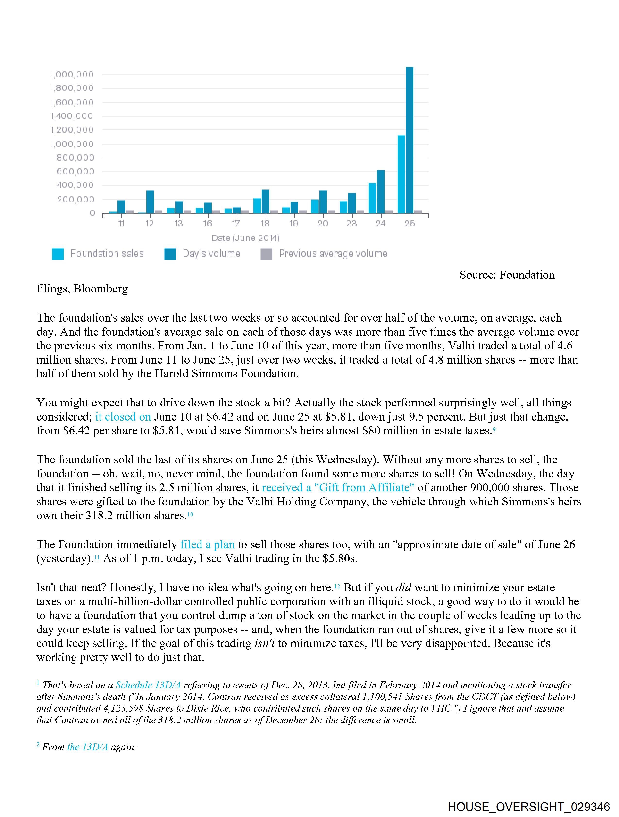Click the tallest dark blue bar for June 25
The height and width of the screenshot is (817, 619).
[409, 140]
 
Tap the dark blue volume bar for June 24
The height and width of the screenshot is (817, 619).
[380, 192]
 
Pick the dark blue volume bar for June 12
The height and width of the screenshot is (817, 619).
[150, 202]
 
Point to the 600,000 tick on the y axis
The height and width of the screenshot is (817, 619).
[75, 171]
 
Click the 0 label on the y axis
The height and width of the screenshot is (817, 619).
[92, 213]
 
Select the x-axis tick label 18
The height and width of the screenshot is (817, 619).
[265, 223]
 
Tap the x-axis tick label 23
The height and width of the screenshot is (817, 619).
[351, 223]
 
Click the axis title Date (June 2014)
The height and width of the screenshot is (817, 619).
[245, 238]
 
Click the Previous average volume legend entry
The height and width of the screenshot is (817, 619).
[333, 254]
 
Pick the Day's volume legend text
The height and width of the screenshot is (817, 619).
[211, 254]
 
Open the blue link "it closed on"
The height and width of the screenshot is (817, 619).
[123, 417]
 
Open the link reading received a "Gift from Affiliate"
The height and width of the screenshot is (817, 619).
[338, 487]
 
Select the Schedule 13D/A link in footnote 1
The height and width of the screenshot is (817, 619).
[148, 685]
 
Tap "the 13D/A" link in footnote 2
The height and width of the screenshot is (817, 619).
[88, 747]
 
